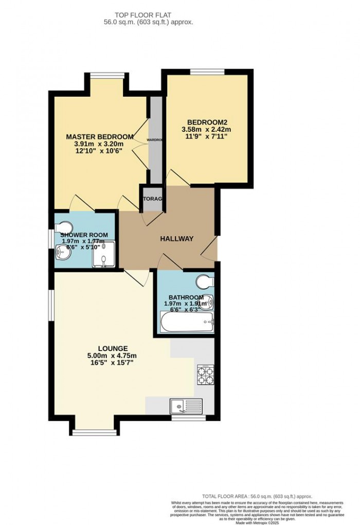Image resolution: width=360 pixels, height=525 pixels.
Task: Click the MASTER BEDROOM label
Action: [100, 136]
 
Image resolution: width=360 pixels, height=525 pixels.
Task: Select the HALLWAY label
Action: [176, 238]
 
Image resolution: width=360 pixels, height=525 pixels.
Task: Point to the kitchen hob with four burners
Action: [205, 375]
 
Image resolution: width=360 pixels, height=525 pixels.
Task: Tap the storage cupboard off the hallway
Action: [153, 199]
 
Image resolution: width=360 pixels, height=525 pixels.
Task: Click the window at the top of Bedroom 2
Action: [208, 72]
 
